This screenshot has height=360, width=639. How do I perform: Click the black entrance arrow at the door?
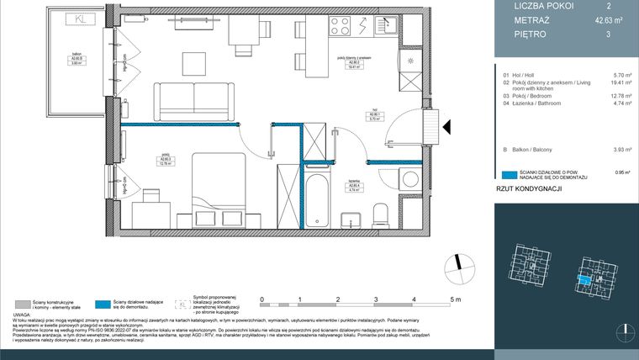coord(446,127)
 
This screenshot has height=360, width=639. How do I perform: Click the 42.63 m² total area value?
coord(597,20)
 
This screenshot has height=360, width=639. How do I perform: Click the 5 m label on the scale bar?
coord(453,299)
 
